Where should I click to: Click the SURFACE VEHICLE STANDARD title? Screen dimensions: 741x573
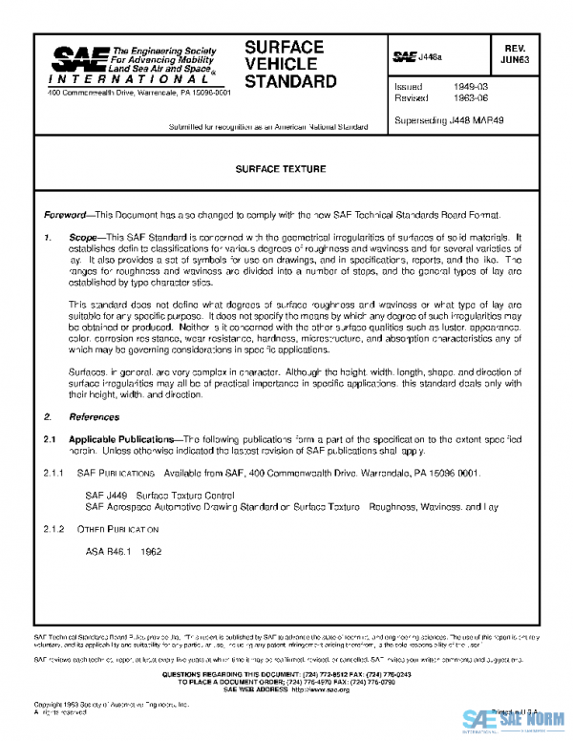(x=290, y=64)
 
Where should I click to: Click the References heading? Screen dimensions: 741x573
(x=94, y=417)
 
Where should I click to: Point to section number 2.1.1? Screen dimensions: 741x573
(x=53, y=473)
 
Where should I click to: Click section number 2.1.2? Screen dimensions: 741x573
(x=53, y=529)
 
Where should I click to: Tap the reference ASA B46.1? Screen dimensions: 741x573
(x=109, y=552)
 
